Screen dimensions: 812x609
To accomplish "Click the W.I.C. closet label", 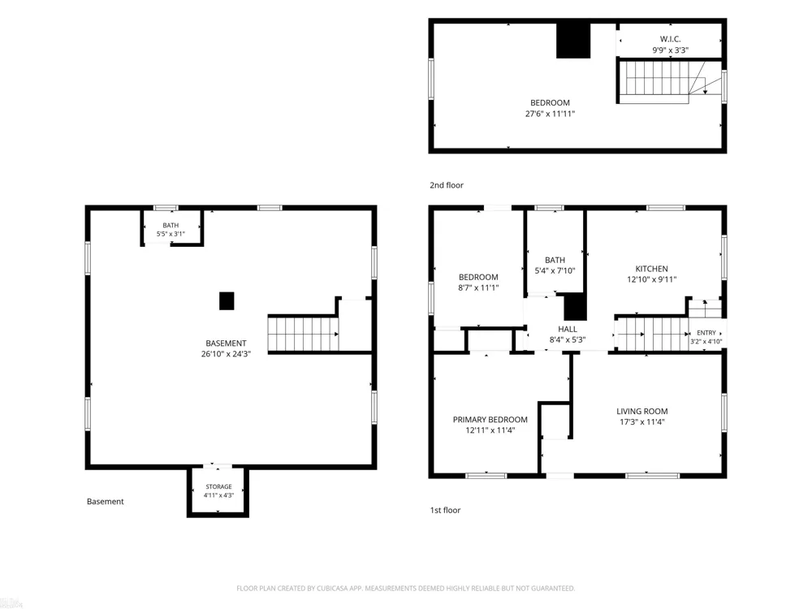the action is coord(670,39).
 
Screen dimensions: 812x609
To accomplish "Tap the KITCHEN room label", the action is coord(651,269).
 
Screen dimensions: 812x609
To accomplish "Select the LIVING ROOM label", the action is coord(641,411).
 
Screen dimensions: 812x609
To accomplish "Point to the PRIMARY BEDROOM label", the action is coord(490,420).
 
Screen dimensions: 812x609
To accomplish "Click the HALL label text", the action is coord(567,329).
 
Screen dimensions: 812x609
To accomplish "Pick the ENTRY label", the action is coord(706,332).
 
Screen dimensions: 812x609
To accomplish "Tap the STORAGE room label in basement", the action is coord(218,486).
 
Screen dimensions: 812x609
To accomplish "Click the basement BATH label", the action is coord(171,225).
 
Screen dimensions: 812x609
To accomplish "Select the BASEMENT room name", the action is coord(226,343).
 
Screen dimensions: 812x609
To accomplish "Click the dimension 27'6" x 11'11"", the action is coord(550,114).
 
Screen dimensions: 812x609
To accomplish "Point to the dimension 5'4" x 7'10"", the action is coord(555,270).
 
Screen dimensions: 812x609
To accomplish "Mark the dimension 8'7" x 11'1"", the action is coord(478,287).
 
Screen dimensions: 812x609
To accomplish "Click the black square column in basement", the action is coord(227,301).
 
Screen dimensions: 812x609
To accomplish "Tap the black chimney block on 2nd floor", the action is coord(573,41).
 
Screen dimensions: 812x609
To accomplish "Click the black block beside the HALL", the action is coord(575,308).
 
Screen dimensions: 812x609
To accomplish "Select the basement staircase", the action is coord(304,334).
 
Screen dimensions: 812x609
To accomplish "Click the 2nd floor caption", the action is coord(447,185).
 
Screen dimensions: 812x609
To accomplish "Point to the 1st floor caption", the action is coord(445,510).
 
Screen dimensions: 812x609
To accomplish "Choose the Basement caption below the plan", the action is coord(105,501).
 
